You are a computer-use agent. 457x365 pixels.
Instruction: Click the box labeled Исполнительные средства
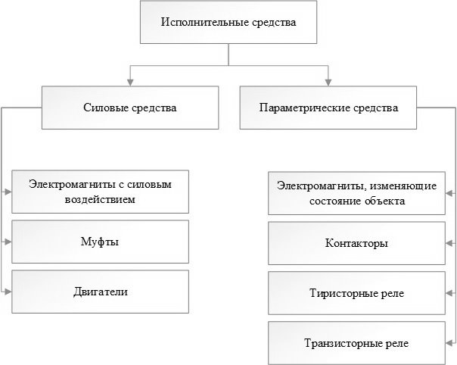(228, 22)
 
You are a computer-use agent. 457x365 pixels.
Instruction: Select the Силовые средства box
(130, 108)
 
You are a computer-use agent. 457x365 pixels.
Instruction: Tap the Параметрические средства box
(328, 108)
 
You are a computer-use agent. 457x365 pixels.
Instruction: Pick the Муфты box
(101, 242)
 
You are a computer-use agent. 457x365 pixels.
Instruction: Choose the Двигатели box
(101, 292)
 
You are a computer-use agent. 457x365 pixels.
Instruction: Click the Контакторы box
(356, 243)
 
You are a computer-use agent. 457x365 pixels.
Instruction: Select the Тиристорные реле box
(356, 293)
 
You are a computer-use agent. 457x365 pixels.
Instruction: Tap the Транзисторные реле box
(356, 343)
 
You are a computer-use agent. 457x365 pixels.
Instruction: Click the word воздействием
(100, 200)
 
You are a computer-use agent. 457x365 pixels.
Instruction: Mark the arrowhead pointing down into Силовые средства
(130, 83)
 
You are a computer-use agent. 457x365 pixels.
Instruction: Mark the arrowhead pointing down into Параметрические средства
(328, 83)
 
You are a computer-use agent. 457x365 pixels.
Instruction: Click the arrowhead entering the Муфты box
(8, 242)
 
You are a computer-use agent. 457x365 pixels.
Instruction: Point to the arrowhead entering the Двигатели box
(8, 292)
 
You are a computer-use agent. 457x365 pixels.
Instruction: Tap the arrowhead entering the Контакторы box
(449, 243)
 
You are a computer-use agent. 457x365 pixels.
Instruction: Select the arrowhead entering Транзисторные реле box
(449, 343)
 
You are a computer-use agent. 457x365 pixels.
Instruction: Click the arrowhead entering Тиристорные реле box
(449, 293)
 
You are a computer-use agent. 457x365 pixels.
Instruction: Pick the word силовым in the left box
(150, 185)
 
